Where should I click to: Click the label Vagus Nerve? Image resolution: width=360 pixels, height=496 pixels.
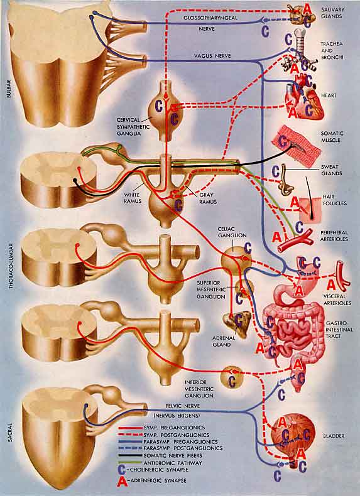click(213, 56)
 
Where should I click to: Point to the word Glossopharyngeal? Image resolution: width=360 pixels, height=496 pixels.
click(210, 18)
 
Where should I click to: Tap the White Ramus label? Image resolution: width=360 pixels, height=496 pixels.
click(133, 198)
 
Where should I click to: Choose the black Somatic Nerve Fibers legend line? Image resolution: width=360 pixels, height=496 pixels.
click(131, 456)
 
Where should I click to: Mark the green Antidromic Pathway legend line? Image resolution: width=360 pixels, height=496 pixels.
click(131, 463)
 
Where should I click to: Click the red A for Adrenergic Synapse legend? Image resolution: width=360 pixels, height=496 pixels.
click(123, 481)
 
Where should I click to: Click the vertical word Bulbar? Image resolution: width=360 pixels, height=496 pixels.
click(9, 89)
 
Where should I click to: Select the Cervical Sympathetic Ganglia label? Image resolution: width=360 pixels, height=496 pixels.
click(129, 127)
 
